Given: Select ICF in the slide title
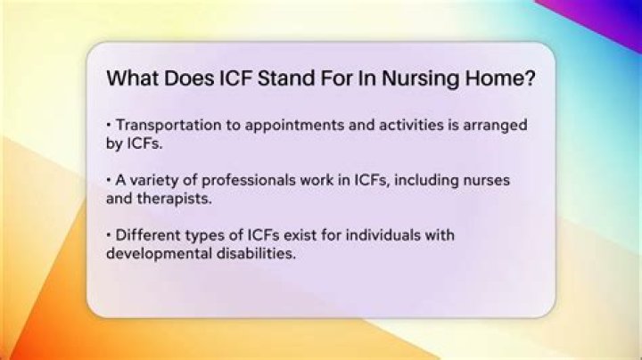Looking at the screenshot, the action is (x=235, y=78).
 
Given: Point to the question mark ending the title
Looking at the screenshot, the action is (x=531, y=78).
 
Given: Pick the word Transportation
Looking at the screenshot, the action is (x=169, y=125).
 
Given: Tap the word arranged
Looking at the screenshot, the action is (x=495, y=126).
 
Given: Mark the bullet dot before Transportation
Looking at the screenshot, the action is (x=109, y=125).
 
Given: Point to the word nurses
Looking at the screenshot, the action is (x=487, y=181).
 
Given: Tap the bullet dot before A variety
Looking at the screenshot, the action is (x=109, y=180).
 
